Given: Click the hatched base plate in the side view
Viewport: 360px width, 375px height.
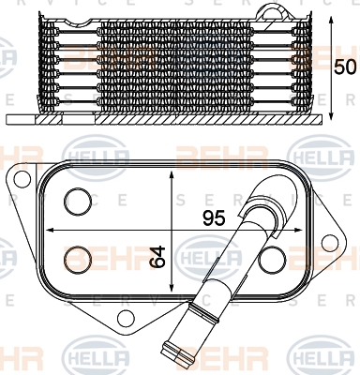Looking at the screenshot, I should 169,120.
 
